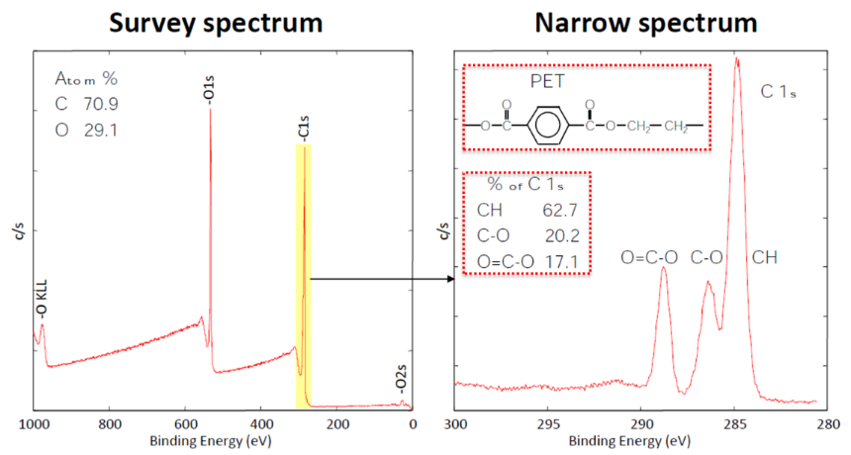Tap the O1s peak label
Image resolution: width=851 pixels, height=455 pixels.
(x=209, y=90)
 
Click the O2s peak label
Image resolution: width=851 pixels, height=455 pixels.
(x=404, y=381)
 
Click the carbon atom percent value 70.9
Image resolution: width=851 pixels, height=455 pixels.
(x=102, y=103)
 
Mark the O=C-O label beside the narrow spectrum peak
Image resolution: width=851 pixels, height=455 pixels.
(x=649, y=258)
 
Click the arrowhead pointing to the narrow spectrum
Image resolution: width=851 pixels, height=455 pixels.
(x=449, y=279)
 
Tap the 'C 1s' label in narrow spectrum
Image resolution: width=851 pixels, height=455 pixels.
(x=779, y=92)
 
